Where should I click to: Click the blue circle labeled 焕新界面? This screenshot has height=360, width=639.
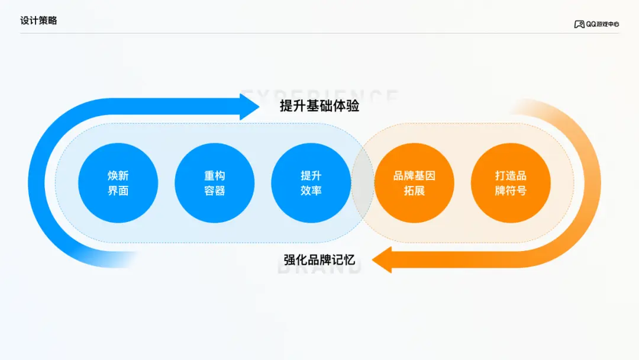pos(118,183)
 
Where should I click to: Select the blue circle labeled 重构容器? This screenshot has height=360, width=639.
pos(215,183)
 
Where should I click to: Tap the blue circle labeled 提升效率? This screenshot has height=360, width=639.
pos(311,183)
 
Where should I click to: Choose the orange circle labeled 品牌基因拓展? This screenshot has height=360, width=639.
pos(414,183)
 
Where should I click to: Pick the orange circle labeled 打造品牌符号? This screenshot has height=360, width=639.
pos(511,183)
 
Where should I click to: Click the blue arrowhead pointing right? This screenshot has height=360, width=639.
pos(248,107)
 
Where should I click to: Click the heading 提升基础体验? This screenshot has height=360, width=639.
pos(319,107)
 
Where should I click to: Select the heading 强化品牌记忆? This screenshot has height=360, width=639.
pos(319,260)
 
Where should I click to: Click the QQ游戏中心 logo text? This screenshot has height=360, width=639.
pos(602,24)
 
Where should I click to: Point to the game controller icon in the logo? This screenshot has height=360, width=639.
pos(579,24)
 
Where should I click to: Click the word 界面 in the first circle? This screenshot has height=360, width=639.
pos(118,191)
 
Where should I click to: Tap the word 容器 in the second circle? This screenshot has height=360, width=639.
pos(215,191)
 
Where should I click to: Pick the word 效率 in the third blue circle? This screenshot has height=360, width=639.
pos(311,191)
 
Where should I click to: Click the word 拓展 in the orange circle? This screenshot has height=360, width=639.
pos(414,191)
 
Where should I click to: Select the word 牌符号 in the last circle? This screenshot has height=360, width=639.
pos(511,191)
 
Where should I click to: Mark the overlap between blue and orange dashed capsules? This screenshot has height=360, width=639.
pos(363,183)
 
